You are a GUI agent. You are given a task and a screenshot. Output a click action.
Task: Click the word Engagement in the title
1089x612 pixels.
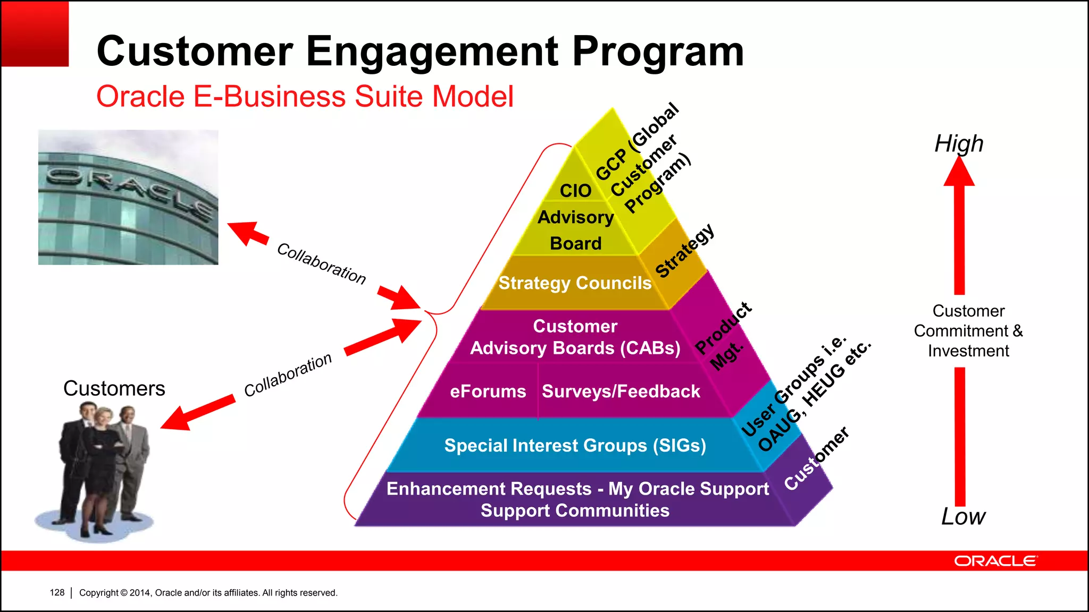(x=432, y=52)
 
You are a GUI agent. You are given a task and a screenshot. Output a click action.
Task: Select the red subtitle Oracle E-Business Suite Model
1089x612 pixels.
(x=305, y=97)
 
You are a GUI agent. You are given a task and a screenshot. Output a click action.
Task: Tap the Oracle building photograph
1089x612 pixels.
(x=128, y=197)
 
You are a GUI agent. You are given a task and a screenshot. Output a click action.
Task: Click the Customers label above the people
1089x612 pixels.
(x=114, y=388)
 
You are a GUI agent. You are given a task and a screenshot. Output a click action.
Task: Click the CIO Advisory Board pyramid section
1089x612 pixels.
(x=575, y=218)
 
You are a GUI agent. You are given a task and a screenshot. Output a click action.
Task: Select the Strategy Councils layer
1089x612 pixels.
(x=574, y=283)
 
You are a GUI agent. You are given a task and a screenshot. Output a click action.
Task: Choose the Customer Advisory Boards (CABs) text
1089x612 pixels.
(x=575, y=337)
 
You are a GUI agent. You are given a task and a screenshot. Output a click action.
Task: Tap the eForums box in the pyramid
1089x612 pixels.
(x=488, y=392)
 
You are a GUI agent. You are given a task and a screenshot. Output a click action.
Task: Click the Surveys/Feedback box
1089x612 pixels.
(x=621, y=392)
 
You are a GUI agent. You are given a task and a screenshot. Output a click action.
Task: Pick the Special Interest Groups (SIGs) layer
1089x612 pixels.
(x=575, y=445)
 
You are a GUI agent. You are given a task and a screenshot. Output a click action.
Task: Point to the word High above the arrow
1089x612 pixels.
(x=959, y=143)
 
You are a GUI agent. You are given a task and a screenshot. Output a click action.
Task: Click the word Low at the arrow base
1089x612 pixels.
(x=962, y=516)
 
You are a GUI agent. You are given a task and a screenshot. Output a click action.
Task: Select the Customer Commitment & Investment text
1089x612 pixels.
(x=968, y=330)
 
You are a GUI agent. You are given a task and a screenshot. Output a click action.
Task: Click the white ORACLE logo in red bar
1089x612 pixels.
(x=994, y=561)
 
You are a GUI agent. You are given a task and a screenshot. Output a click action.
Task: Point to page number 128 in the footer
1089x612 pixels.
(x=57, y=592)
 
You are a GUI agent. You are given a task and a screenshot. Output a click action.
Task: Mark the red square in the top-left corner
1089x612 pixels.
(x=35, y=33)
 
